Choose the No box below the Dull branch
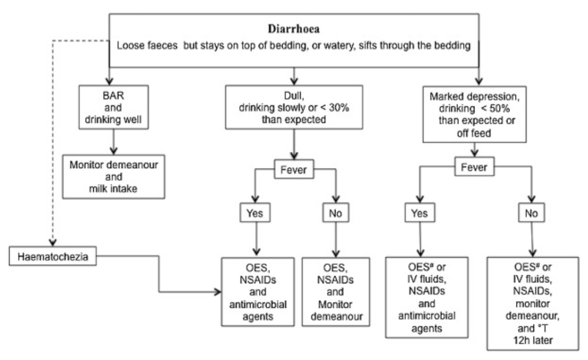(335, 213)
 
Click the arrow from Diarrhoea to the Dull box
(293, 76)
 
